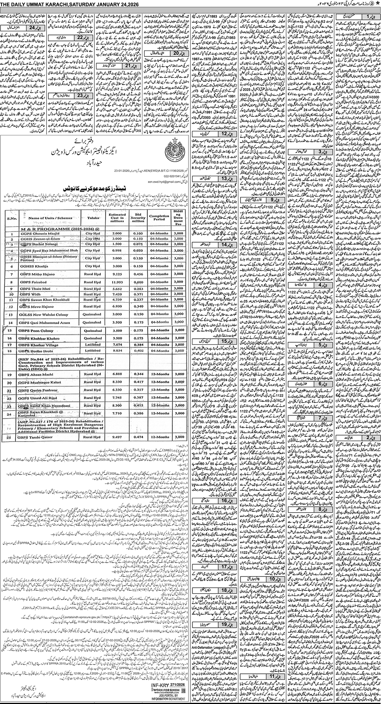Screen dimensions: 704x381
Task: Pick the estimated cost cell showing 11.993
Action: click(x=116, y=281)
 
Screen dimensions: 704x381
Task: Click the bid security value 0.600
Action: click(x=138, y=281)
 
